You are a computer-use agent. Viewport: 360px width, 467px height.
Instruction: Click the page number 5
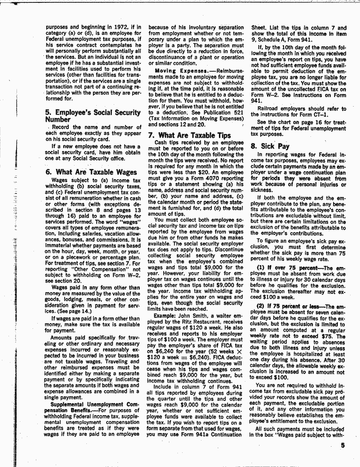tap(343, 450)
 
